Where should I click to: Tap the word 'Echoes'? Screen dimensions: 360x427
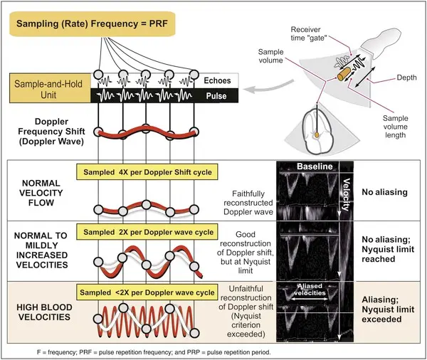tap(216, 80)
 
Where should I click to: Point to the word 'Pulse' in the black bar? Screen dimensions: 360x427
tap(216, 95)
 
